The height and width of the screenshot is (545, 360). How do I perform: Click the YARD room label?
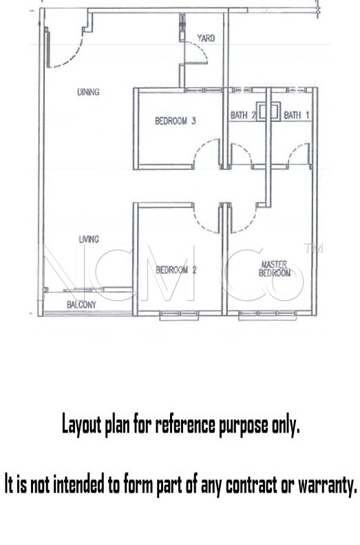[206, 38]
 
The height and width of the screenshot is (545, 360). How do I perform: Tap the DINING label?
[88, 92]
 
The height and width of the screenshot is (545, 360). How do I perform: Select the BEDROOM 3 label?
[176, 120]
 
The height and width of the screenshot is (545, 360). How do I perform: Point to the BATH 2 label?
[243, 115]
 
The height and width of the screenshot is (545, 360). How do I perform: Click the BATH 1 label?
[297, 115]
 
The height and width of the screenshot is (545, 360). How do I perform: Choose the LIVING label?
[89, 239]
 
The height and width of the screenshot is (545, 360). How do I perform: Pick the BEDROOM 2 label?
[176, 270]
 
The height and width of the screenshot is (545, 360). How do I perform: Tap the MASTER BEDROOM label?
[275, 268]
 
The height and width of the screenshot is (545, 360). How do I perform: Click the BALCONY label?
[81, 305]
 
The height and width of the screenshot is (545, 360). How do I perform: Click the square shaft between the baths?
[268, 111]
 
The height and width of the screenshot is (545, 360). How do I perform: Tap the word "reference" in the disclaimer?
[185, 425]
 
